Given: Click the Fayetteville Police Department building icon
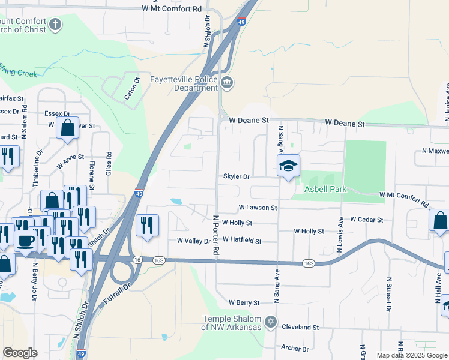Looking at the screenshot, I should pos(226,83).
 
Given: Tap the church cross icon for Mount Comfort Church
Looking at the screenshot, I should pos(55,25).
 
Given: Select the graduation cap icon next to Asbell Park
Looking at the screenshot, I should pos(288,165).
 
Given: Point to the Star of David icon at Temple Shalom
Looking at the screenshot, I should pos(270,322).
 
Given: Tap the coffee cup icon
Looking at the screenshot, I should pos(25,241).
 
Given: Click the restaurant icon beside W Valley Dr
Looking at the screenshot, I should pos(148,225).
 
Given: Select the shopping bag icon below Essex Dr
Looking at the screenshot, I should pos(67,127).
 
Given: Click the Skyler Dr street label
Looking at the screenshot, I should pos(236,177).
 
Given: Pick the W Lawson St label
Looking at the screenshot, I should pos(258,208).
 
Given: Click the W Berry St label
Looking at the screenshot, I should pos(244,303).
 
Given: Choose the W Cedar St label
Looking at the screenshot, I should pos(367,220).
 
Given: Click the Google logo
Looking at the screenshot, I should pos(20,353).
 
